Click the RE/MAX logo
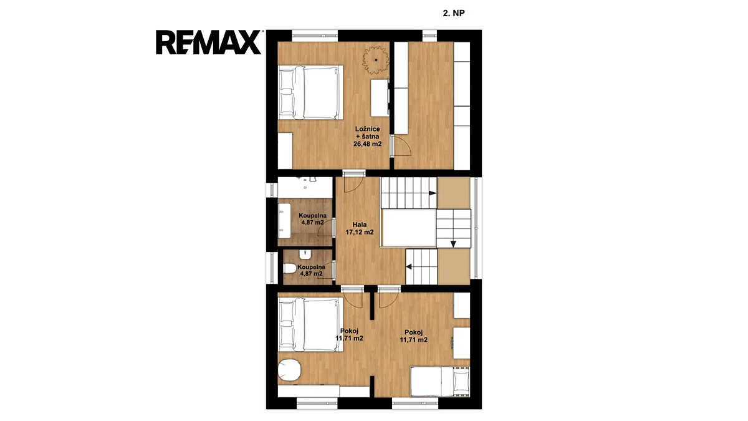(209, 42)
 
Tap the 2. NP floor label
(454, 13)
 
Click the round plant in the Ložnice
(376, 60)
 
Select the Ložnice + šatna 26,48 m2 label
(367, 137)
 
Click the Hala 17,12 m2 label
(359, 228)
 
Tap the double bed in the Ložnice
(310, 92)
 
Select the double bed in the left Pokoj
(310, 324)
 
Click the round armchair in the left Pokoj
(289, 370)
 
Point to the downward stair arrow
(453, 244)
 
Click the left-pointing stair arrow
(409, 267)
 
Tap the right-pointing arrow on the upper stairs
(433, 193)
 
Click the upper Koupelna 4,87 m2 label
(312, 219)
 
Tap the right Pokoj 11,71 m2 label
(414, 336)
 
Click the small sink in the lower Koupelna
(305, 254)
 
